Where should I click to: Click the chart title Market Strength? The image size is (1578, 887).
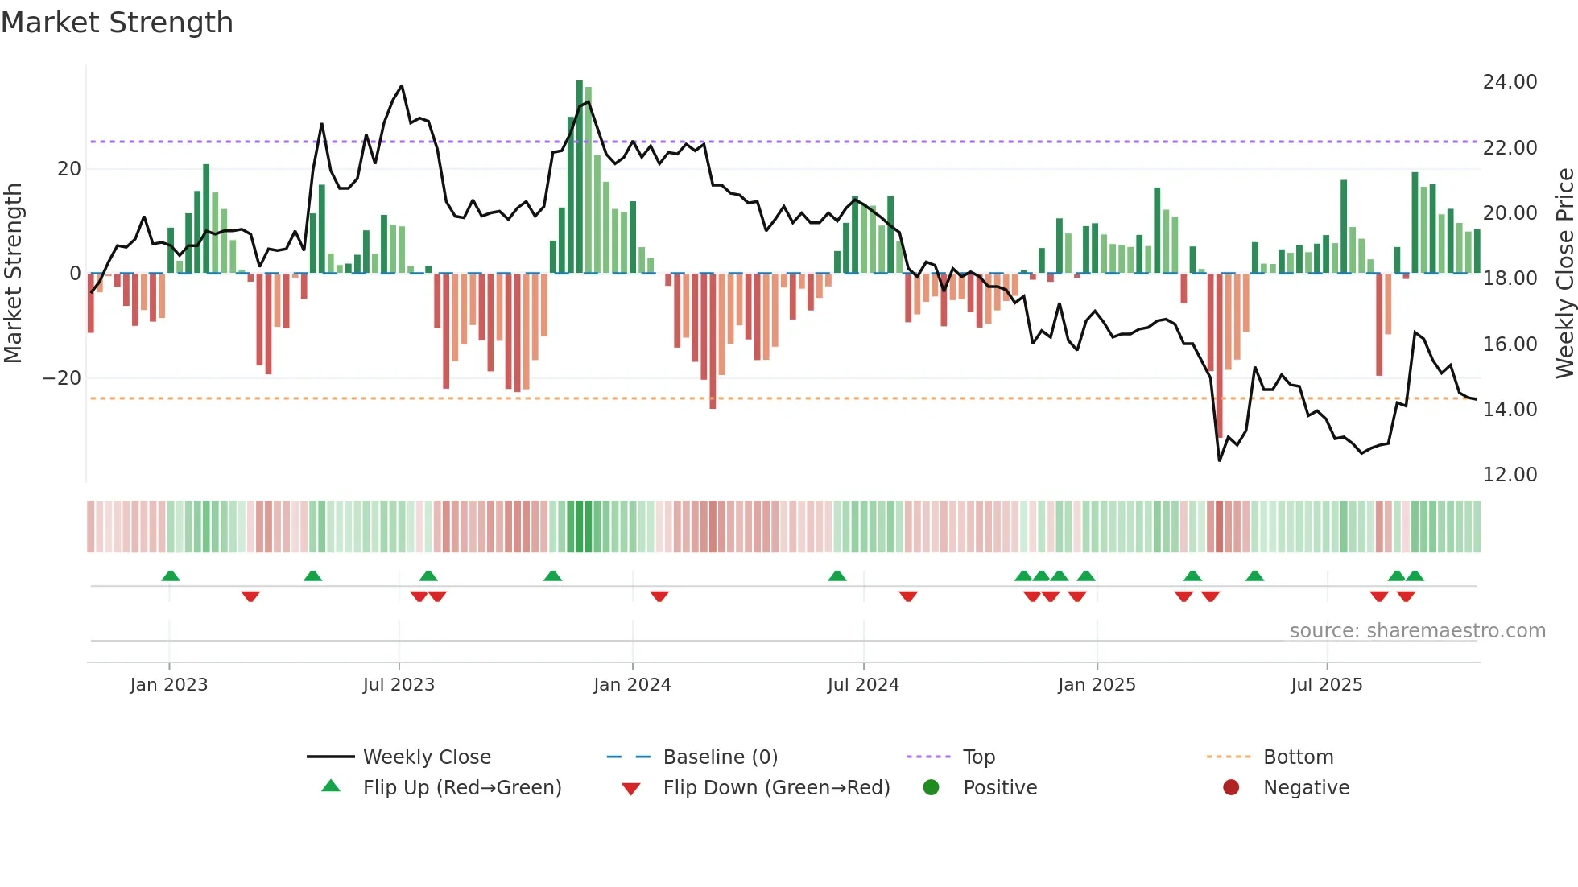(117, 23)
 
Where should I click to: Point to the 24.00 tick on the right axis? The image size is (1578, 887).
(1510, 82)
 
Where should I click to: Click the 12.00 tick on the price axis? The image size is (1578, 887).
(1510, 475)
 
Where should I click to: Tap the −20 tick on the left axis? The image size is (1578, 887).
(62, 378)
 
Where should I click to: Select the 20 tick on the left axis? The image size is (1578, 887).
(69, 169)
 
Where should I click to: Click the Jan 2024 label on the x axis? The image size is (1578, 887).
(632, 685)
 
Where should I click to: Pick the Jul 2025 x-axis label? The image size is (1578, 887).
(1326, 685)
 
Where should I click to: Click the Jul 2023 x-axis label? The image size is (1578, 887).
(399, 685)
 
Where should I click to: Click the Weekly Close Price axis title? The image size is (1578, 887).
(1564, 274)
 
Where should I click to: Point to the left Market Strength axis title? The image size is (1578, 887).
(14, 274)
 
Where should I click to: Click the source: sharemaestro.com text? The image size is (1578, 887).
(1417, 631)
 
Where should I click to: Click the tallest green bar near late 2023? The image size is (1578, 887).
(580, 177)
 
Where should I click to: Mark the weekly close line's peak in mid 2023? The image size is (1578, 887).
(402, 86)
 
